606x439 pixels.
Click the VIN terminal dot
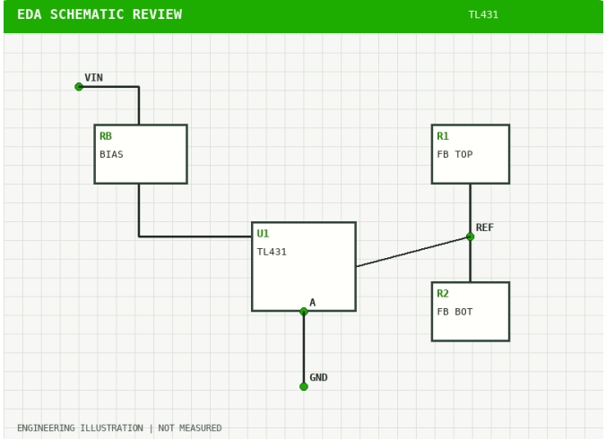(79, 87)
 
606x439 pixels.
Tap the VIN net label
(93, 78)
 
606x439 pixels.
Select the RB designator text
(106, 136)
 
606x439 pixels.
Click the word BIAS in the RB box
(111, 154)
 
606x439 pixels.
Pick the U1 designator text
(263, 234)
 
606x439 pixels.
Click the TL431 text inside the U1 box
(272, 252)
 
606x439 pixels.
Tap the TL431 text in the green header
(483, 14)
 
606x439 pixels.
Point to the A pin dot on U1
(304, 312)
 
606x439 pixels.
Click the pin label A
(313, 302)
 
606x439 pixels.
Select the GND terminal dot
(304, 386)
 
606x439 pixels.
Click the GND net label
(318, 377)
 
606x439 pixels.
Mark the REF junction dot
(471, 237)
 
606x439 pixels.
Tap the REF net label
(485, 228)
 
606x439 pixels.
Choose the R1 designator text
(443, 136)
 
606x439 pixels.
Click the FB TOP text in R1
(454, 154)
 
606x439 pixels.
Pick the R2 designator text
(443, 294)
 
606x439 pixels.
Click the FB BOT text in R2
(454, 312)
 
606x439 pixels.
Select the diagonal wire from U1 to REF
(413, 252)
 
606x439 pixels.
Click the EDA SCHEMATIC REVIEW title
(100, 14)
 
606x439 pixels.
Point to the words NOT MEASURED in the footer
(190, 428)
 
